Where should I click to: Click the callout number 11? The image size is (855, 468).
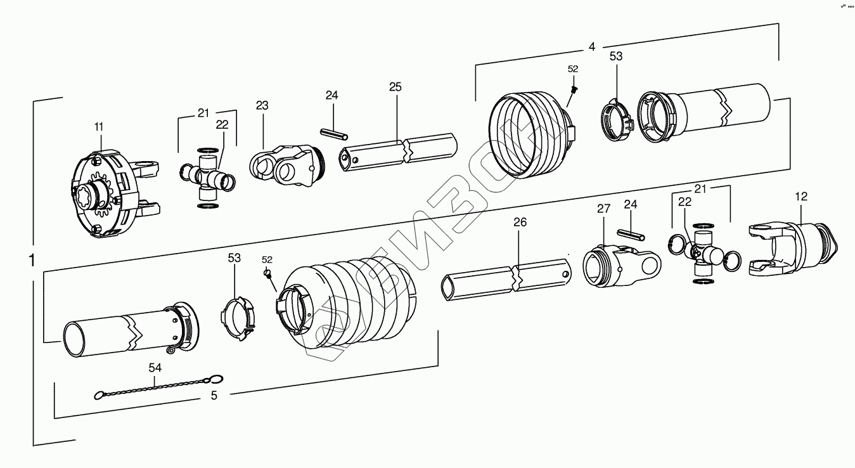click(x=98, y=127)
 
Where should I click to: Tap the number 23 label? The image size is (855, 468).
click(x=263, y=105)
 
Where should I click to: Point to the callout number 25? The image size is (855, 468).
click(x=395, y=87)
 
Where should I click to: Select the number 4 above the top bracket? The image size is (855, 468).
click(x=592, y=47)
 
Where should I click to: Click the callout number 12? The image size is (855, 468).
click(x=801, y=197)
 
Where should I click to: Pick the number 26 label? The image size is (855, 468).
click(x=520, y=222)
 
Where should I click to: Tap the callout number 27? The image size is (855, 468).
click(x=603, y=209)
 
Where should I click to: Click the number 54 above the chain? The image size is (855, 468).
click(x=155, y=368)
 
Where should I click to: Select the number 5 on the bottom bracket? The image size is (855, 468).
click(x=214, y=395)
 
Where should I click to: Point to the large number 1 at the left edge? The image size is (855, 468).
click(x=32, y=260)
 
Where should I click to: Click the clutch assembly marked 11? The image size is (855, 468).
click(x=108, y=193)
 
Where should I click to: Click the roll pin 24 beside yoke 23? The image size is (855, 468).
click(x=335, y=134)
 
